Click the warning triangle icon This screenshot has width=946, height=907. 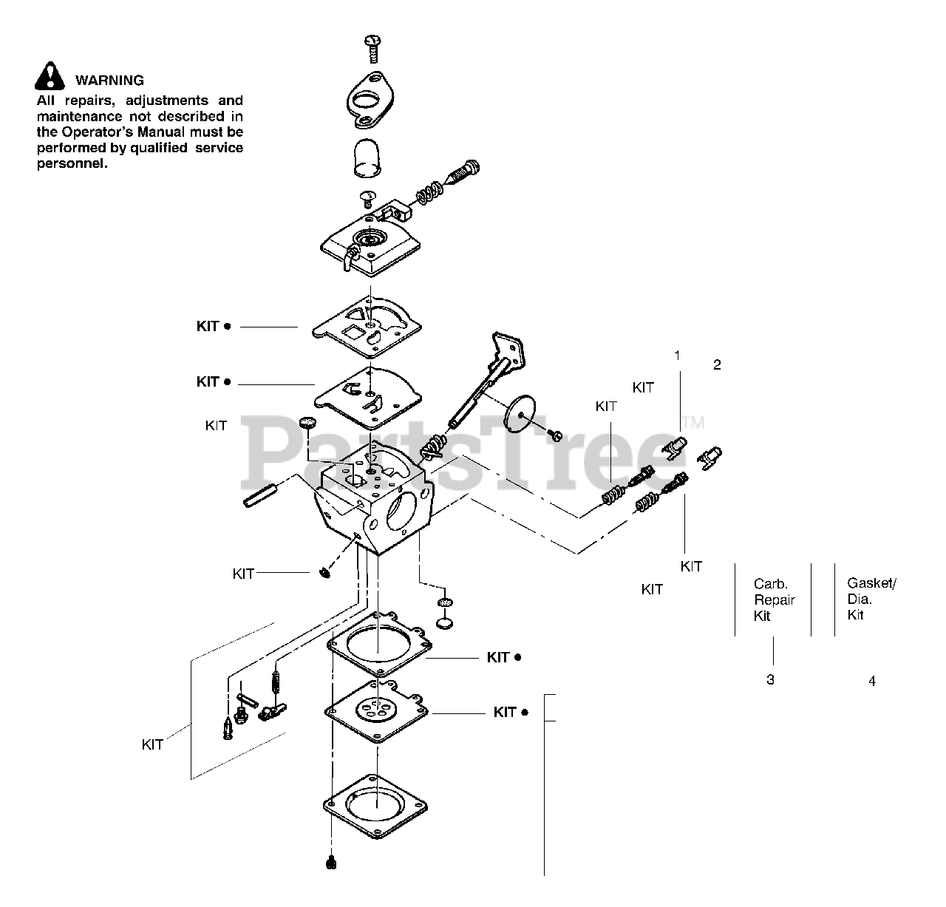point(49,76)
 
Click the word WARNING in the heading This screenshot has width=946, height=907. point(110,81)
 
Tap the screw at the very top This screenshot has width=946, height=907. point(373,49)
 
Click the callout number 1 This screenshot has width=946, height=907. point(677,356)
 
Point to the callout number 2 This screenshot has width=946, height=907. point(717,364)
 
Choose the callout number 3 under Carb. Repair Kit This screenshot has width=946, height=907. point(771,679)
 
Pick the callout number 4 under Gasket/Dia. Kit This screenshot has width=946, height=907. point(872,681)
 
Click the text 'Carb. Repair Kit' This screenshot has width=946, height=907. point(774,599)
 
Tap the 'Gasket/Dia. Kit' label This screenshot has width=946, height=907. point(871,599)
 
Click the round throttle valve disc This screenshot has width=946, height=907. point(520,415)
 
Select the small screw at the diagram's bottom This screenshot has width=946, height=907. point(331,863)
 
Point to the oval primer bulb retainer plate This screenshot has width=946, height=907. point(370,101)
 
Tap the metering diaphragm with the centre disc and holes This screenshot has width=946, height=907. point(376,712)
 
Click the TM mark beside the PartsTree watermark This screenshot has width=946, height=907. point(693,423)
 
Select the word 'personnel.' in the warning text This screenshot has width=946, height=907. point(72,163)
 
